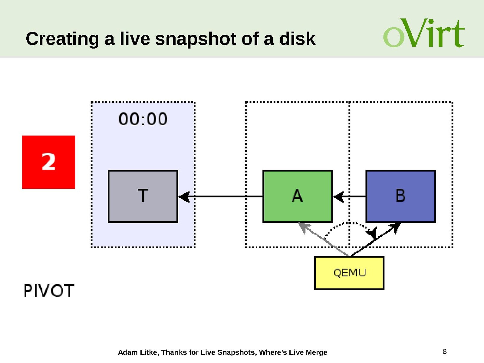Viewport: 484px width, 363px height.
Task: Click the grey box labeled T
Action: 143,196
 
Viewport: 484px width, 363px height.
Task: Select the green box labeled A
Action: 298,196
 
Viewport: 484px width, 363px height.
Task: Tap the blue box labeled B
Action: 400,196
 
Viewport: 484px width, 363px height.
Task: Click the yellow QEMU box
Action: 349,273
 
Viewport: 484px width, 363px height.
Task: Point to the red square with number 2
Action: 48,162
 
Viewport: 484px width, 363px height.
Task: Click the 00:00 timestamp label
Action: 143,119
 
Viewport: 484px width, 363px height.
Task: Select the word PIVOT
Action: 49,291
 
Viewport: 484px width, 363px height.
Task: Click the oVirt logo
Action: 423,33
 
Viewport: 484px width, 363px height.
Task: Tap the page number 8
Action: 444,351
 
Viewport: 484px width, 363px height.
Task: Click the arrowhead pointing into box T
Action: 184,197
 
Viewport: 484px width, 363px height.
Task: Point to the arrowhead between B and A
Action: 338,197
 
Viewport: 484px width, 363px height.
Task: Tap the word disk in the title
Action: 297,39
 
